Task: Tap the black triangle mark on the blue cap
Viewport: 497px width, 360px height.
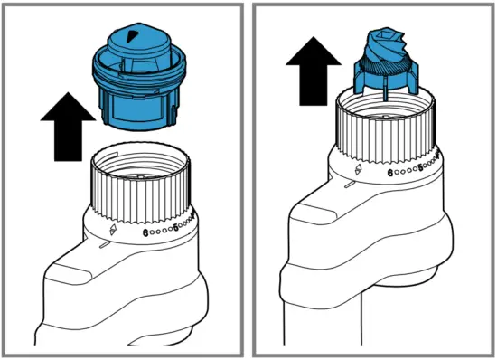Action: click(135, 36)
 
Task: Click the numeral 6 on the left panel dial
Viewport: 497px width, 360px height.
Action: click(145, 232)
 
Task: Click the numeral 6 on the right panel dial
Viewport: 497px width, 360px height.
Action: click(389, 172)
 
